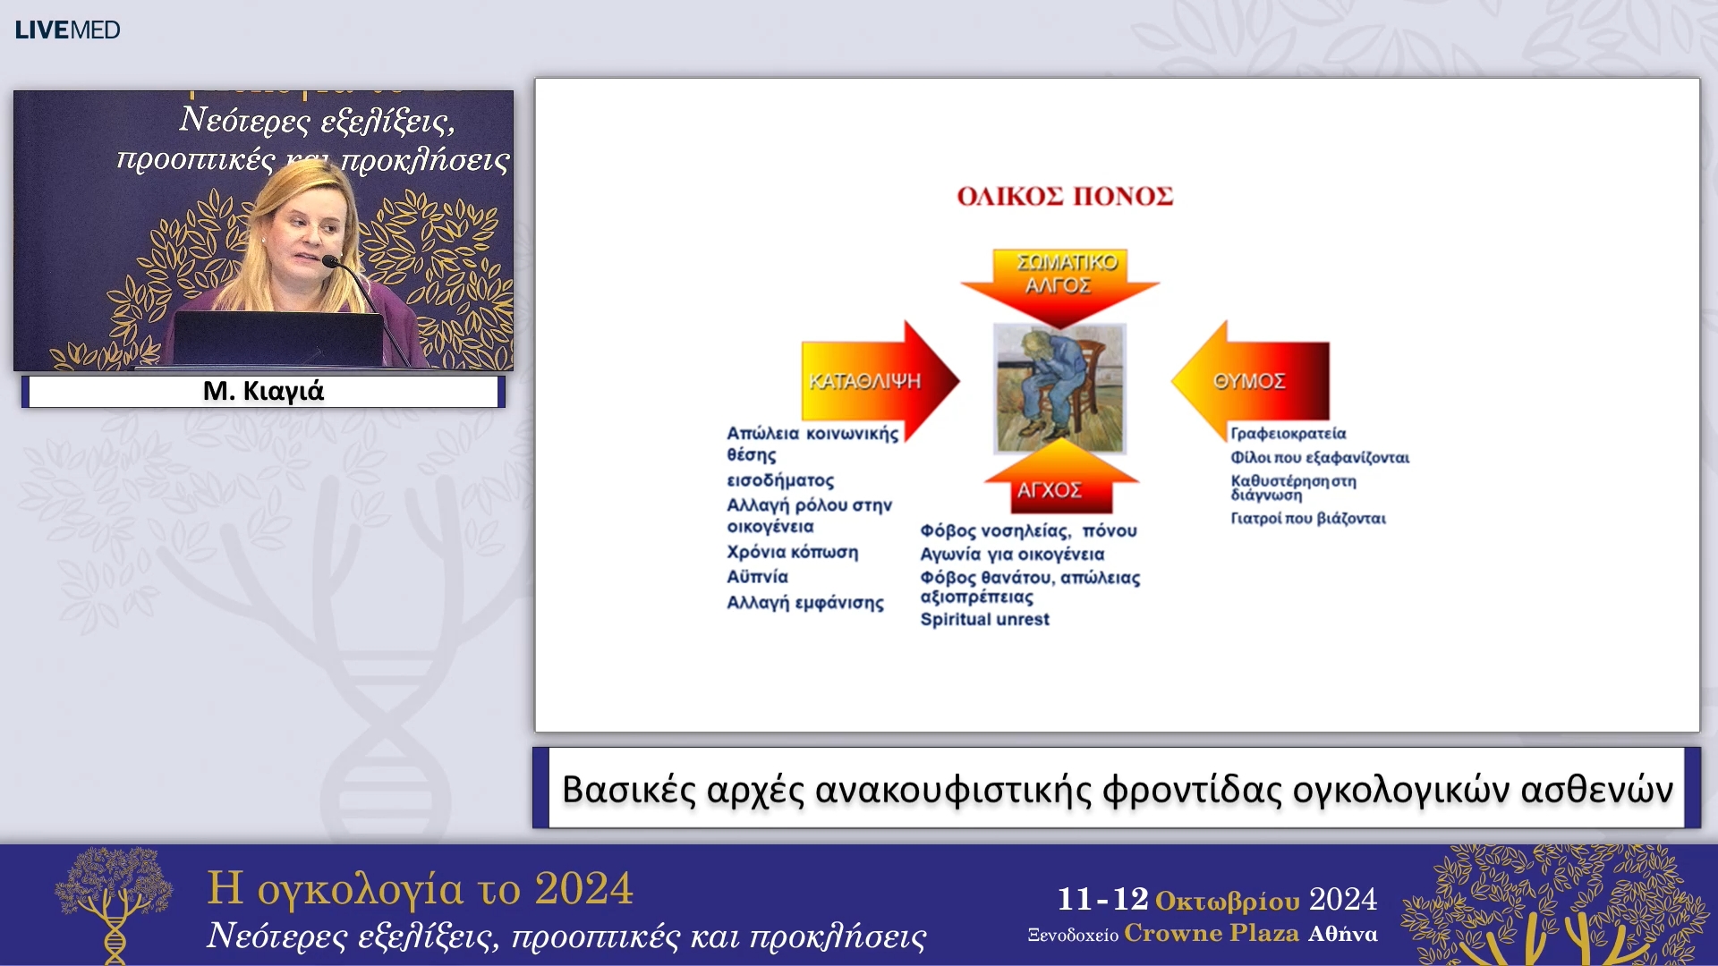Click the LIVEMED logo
click(x=67, y=30)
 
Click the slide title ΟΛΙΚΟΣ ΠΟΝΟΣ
click(x=1065, y=197)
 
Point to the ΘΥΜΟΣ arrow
click(x=1250, y=381)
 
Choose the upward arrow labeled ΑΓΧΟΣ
click(x=1061, y=478)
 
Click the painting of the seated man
click(x=1060, y=389)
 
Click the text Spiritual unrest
click(x=984, y=619)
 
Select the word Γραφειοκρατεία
click(x=1288, y=434)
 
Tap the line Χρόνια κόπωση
click(x=792, y=552)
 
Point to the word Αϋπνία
click(x=757, y=577)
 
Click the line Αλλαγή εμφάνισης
click(x=804, y=603)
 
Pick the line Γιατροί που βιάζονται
click(x=1308, y=519)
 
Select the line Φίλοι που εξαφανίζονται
click(x=1320, y=458)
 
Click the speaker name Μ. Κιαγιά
click(x=263, y=391)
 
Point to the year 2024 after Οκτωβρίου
click(x=1343, y=899)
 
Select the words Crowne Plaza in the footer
click(x=1212, y=933)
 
